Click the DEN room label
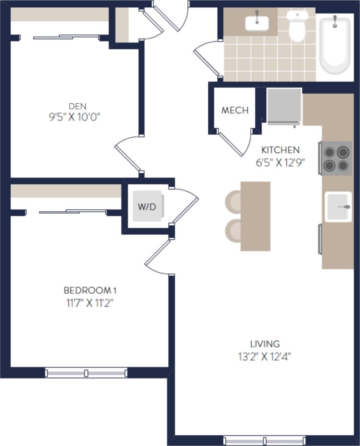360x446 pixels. [74, 106]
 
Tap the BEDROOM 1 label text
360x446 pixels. [90, 291]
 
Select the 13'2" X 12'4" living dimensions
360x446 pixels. [264, 356]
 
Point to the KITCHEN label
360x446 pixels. [280, 150]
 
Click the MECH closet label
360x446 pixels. [235, 110]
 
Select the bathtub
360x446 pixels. [335, 45]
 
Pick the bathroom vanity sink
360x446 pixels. [257, 23]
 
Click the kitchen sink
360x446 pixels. [338, 207]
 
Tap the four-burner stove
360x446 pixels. [336, 158]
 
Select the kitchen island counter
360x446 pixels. [255, 216]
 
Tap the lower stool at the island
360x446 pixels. [233, 231]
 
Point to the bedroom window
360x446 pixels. [86, 373]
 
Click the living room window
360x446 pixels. [264, 440]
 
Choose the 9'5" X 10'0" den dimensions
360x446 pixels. [74, 117]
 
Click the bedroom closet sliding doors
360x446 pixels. [72, 211]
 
